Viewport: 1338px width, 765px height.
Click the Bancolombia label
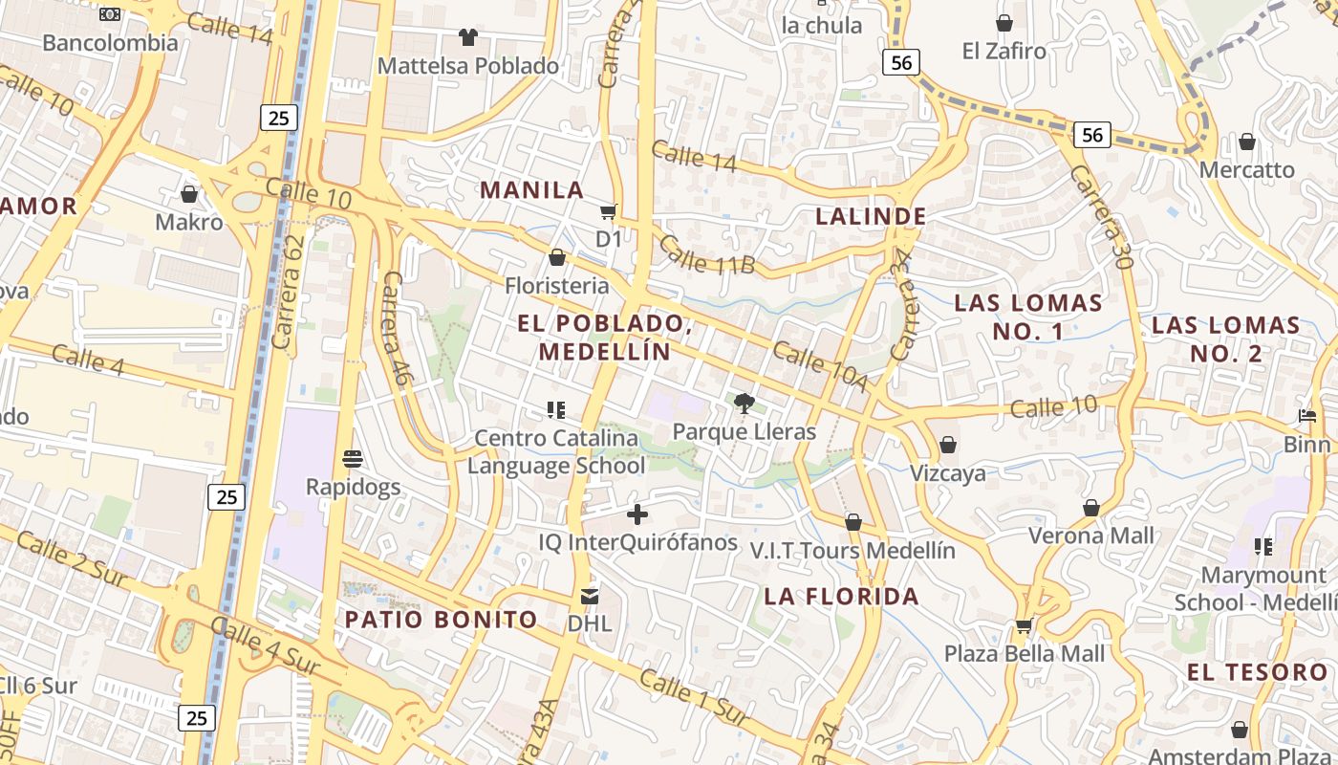coord(110,43)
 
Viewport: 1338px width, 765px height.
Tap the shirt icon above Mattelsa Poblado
coord(467,37)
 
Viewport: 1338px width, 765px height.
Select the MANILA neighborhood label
coord(531,189)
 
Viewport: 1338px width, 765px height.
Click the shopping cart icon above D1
coord(609,211)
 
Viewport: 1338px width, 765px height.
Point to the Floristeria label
coord(556,285)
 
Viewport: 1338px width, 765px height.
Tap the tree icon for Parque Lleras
coord(745,404)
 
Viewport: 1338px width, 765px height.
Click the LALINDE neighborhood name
coord(871,216)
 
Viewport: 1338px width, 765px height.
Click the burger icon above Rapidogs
coord(353,459)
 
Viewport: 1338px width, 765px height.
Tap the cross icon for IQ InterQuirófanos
coord(637,515)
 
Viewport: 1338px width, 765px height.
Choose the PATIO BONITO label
coord(441,620)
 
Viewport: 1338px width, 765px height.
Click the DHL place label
coord(590,623)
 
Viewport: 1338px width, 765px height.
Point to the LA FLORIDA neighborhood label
coord(841,597)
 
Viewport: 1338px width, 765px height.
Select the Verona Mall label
coord(1091,535)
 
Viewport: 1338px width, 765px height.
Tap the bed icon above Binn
coord(1307,416)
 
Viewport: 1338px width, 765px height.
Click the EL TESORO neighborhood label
coord(1257,672)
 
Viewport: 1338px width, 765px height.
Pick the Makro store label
coord(189,223)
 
